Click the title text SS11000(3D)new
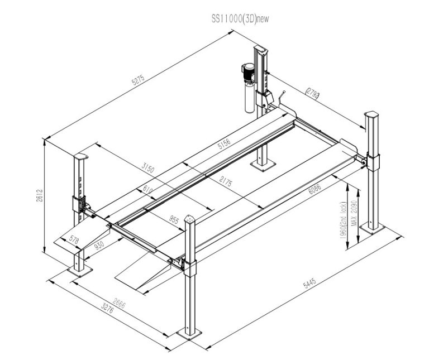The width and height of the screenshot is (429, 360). point(240,18)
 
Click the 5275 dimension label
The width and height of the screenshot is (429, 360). point(138,80)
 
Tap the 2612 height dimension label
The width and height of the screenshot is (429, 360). point(40,195)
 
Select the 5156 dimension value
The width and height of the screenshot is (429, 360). point(224,143)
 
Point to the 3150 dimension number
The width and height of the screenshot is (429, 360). point(147,167)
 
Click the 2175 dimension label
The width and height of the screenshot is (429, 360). point(225,181)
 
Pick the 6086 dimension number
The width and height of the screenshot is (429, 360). point(314,188)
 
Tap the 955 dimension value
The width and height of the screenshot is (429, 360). point(174,219)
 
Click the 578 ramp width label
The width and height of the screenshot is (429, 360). point(74,239)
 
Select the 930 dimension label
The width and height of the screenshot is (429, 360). point(99,246)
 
